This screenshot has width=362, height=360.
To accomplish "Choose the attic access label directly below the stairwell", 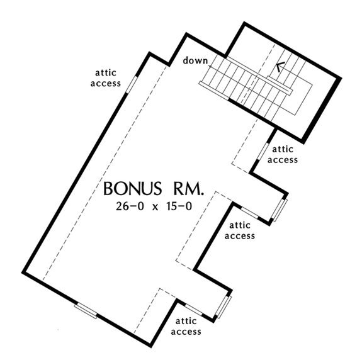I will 283,155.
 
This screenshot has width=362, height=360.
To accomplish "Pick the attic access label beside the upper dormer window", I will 240,230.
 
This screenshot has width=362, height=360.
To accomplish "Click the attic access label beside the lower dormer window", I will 186,327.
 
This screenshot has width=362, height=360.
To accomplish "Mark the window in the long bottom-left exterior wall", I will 86,310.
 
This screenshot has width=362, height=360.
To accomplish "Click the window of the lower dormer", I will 223,307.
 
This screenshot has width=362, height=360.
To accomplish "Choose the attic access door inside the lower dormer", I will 193,308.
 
